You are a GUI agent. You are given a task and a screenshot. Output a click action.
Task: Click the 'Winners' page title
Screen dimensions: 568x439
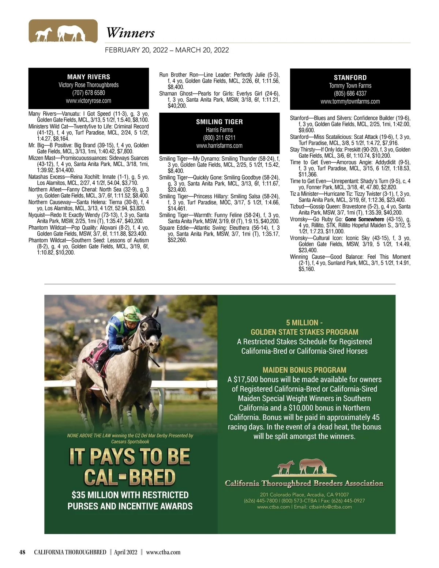(130, 33)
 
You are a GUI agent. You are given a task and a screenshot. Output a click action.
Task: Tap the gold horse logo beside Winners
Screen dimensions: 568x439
(63, 31)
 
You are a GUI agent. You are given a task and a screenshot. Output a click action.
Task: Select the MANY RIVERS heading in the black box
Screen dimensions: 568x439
(89, 77)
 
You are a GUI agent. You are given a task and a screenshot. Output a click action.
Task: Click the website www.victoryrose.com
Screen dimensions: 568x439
(89, 101)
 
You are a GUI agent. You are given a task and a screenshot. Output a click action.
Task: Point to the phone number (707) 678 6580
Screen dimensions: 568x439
(89, 93)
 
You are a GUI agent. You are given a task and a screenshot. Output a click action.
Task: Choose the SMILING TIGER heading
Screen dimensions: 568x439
(219, 122)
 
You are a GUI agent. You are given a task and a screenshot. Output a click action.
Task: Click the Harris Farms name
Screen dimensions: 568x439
(219, 130)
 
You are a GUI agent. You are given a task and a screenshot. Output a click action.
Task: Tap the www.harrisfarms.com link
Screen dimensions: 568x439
(219, 146)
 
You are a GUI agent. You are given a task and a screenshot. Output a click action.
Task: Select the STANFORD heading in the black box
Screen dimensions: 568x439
(350, 78)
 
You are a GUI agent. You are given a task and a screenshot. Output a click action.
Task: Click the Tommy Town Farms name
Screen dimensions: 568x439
(350, 86)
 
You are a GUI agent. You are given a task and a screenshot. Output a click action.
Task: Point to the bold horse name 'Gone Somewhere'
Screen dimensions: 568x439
(364, 219)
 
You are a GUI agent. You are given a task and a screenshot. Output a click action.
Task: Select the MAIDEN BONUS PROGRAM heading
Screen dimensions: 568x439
(304, 370)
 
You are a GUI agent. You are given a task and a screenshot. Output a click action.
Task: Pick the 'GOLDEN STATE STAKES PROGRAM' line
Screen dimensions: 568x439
(304, 332)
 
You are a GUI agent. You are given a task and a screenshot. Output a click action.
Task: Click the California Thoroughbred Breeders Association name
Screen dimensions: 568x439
(304, 484)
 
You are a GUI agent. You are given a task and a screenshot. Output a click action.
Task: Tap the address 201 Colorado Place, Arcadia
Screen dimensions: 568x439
(304, 494)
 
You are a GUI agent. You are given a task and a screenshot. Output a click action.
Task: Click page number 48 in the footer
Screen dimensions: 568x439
(22, 552)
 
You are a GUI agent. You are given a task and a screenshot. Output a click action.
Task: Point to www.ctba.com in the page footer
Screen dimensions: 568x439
(163, 552)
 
